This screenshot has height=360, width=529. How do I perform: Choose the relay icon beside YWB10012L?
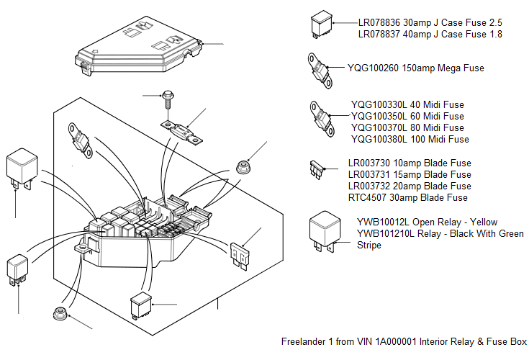pyautogui.click(x=324, y=230)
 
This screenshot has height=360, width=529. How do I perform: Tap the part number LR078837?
pyautogui.click(x=382, y=34)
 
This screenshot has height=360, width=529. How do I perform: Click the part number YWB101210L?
pyautogui.click(x=386, y=233)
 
